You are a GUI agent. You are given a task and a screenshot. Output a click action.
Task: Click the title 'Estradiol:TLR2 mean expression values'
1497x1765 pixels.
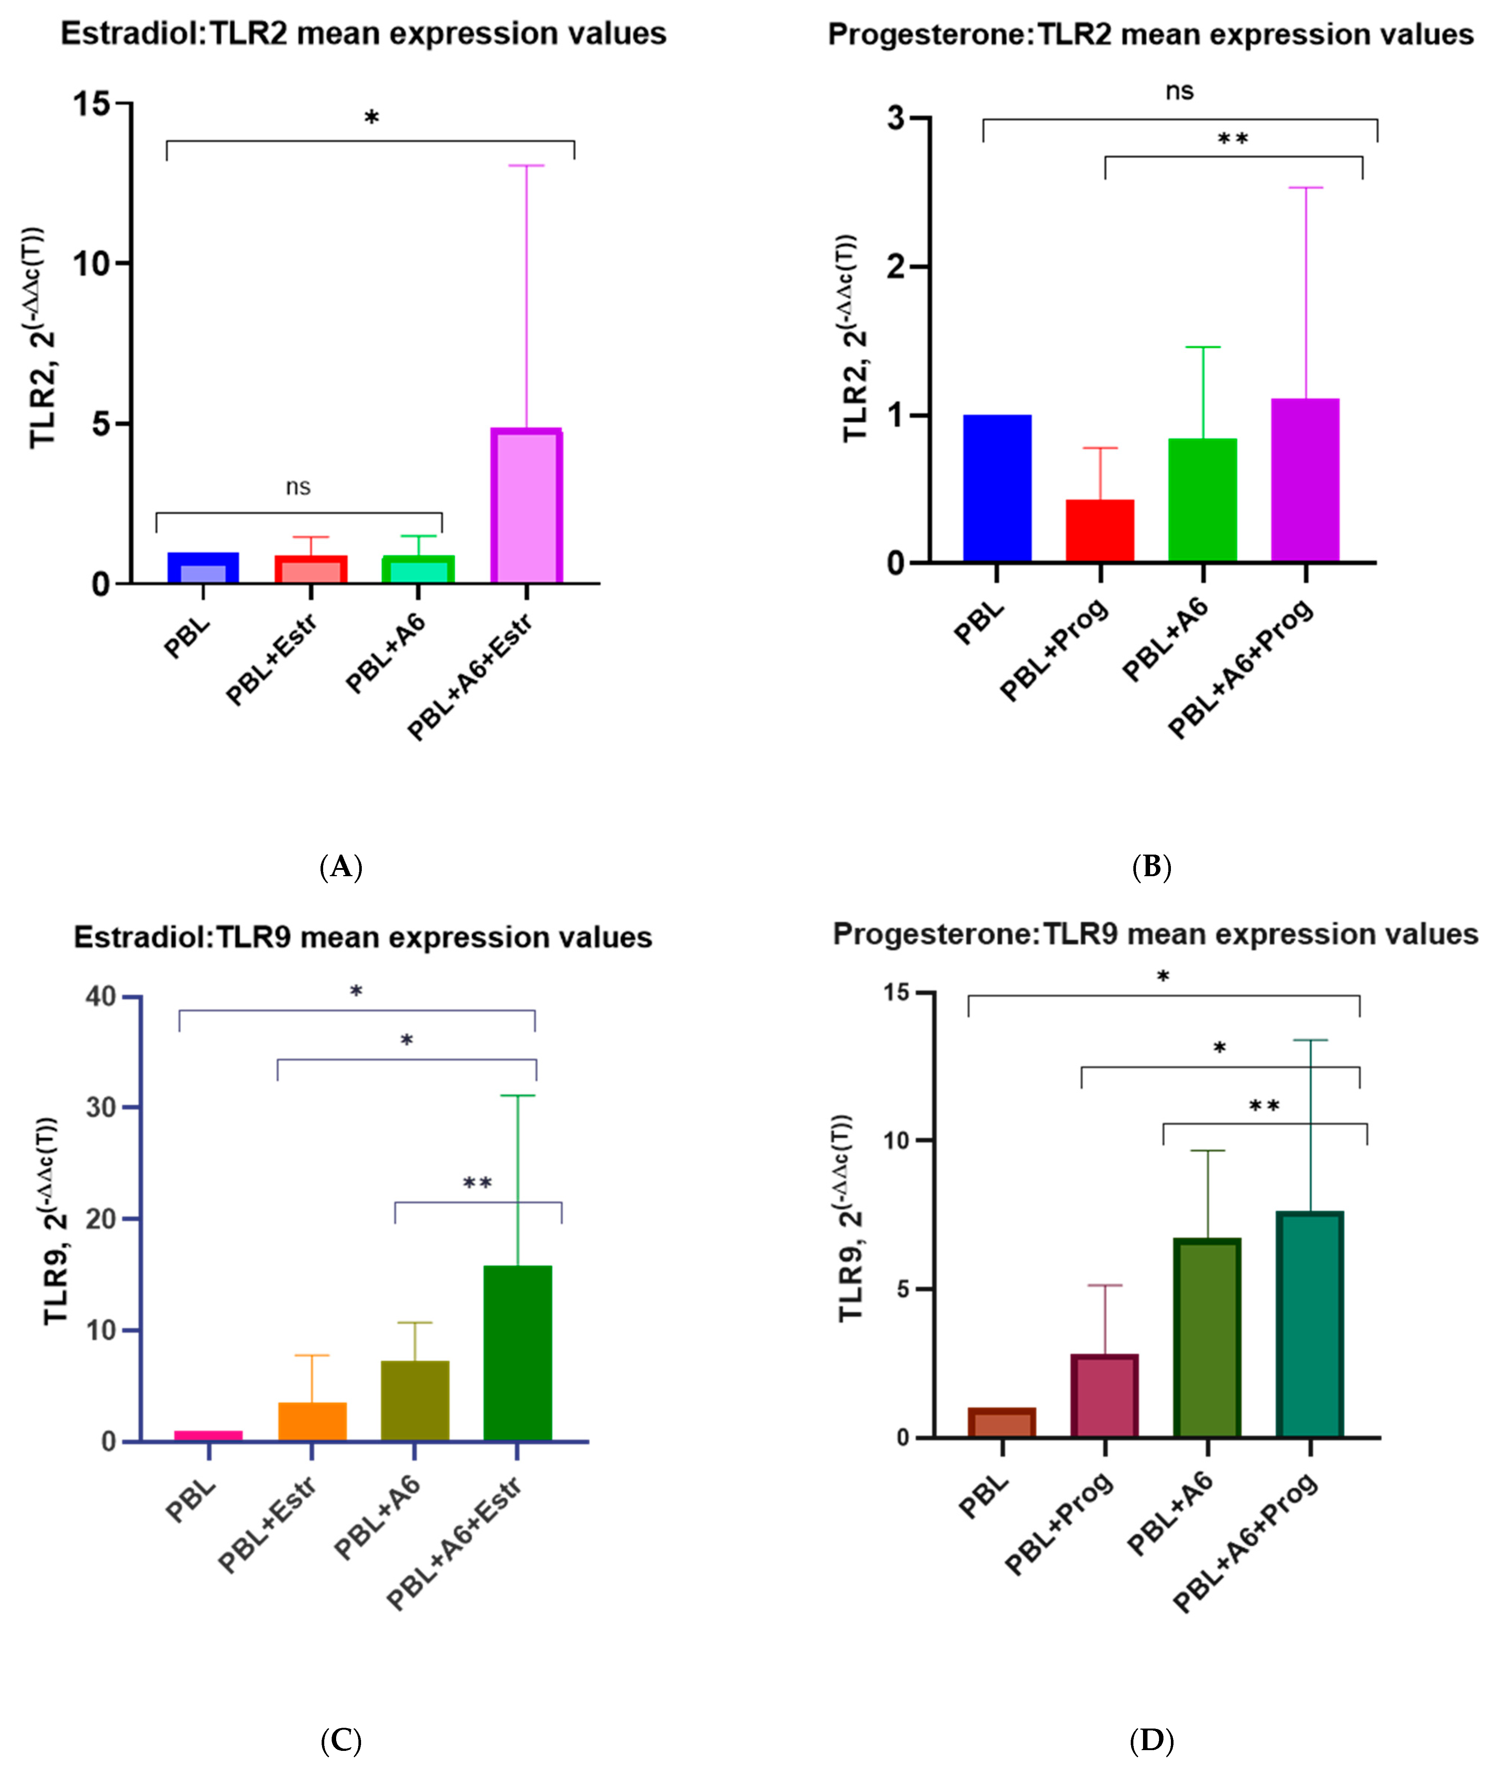pos(363,34)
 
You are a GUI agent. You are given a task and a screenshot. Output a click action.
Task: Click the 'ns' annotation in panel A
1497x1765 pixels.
pos(298,487)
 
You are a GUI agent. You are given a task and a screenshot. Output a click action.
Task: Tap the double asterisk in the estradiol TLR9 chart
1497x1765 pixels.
pos(477,1183)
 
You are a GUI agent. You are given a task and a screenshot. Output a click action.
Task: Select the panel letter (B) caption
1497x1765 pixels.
pos(1152,867)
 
